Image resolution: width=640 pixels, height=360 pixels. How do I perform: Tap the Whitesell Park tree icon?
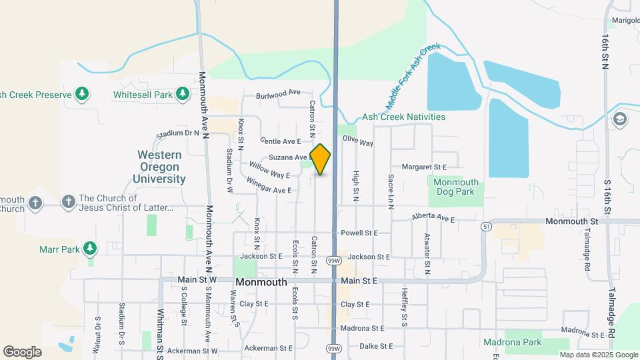(x=181, y=95)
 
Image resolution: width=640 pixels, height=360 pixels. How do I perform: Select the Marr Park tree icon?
(x=90, y=249)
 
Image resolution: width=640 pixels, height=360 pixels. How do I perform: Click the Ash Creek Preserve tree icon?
(x=81, y=95)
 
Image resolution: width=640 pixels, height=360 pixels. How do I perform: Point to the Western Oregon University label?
(x=159, y=167)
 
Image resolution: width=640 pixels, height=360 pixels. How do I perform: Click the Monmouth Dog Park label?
(x=456, y=187)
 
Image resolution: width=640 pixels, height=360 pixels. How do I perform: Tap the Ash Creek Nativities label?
(x=403, y=117)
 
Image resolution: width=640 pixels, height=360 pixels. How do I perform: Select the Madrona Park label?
(x=513, y=343)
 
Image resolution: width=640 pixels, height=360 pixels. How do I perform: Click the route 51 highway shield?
(x=486, y=227)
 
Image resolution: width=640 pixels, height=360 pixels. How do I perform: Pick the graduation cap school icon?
(x=619, y=119)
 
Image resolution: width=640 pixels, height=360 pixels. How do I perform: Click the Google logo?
(x=22, y=351)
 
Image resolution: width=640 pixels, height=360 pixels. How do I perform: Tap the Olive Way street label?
(x=358, y=141)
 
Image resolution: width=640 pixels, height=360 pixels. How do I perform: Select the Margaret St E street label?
(x=424, y=166)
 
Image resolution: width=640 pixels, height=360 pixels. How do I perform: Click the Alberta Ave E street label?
(x=433, y=219)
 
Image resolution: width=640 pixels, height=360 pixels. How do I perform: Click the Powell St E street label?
(x=359, y=233)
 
